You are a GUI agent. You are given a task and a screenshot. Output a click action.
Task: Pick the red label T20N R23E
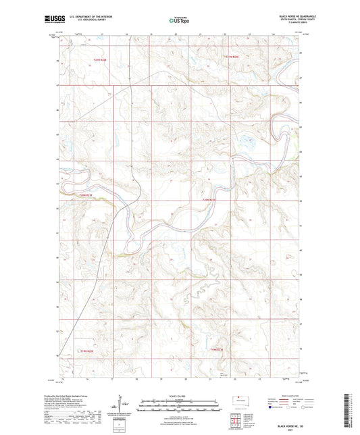(209, 199)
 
